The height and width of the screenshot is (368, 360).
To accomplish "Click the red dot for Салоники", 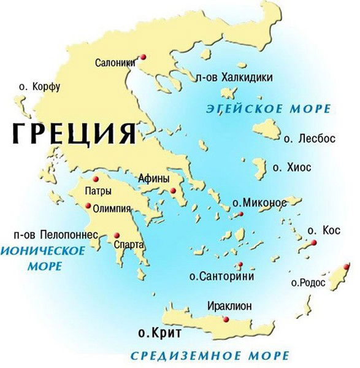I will (143, 56).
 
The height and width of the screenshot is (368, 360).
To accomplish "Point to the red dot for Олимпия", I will (90, 205).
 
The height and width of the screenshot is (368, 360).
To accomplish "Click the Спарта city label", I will (129, 245).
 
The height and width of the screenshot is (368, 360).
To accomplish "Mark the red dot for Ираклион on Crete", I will (226, 320).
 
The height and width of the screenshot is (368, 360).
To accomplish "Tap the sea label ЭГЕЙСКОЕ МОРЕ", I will (267, 110).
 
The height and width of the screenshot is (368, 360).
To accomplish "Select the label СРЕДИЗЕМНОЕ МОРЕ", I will (210, 356).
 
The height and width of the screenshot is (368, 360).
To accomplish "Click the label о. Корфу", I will (39, 87).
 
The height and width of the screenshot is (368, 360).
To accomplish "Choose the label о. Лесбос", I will (310, 139).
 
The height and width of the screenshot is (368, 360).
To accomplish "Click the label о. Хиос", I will (292, 167).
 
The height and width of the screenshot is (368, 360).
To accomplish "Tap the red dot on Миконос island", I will (242, 213).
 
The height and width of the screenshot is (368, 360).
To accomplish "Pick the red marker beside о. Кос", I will (314, 243).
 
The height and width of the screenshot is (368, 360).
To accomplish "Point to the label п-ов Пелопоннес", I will (56, 234).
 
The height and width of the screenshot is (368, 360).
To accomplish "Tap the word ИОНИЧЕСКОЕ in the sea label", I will (42, 251).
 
